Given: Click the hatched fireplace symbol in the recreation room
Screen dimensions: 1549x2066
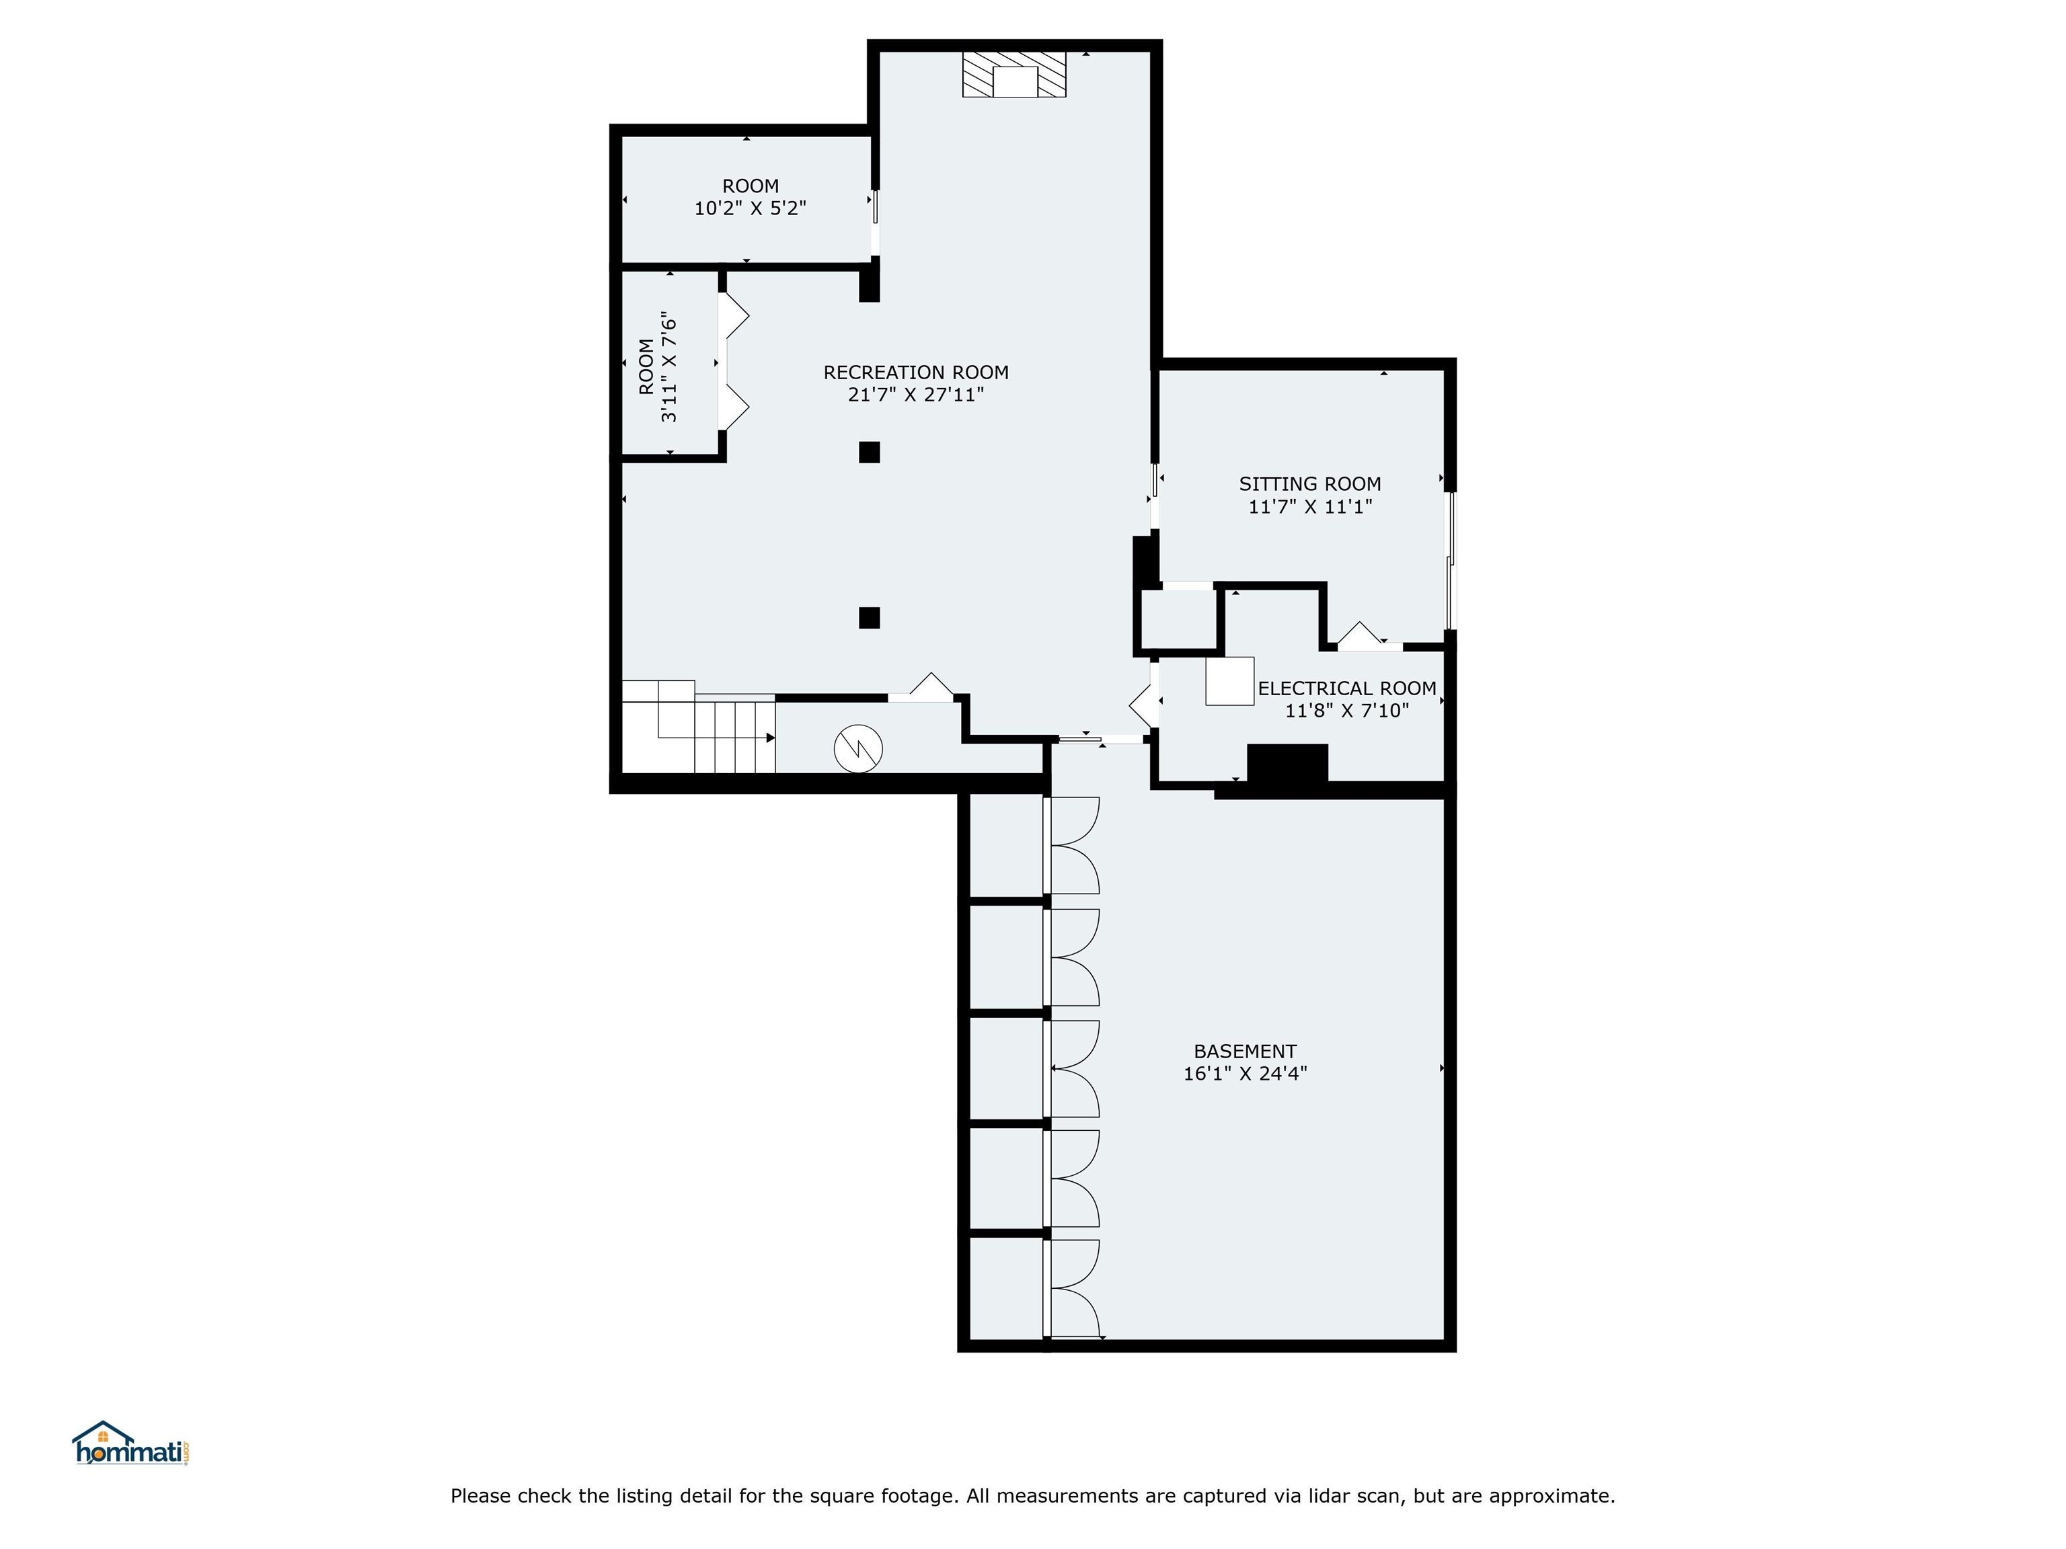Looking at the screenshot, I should [x=1014, y=74].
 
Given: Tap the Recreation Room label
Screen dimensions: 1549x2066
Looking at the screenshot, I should [x=915, y=372].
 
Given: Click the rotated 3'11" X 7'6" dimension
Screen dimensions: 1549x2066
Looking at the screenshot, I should [x=668, y=367].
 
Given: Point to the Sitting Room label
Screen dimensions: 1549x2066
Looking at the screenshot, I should [x=1309, y=483].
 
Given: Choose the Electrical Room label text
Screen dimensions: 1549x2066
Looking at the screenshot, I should [x=1347, y=688].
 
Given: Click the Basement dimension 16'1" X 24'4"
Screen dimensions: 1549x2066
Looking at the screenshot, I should [x=1244, y=1074].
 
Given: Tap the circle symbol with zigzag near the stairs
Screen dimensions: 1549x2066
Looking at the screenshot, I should [x=858, y=748].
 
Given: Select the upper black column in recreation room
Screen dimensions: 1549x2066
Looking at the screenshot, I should [x=870, y=452].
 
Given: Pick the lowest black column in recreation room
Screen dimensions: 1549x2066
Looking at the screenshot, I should [x=870, y=617].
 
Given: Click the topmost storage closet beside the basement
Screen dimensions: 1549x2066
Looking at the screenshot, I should [x=1005, y=845].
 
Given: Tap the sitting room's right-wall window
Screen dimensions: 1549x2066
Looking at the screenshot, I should [x=1451, y=560].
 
